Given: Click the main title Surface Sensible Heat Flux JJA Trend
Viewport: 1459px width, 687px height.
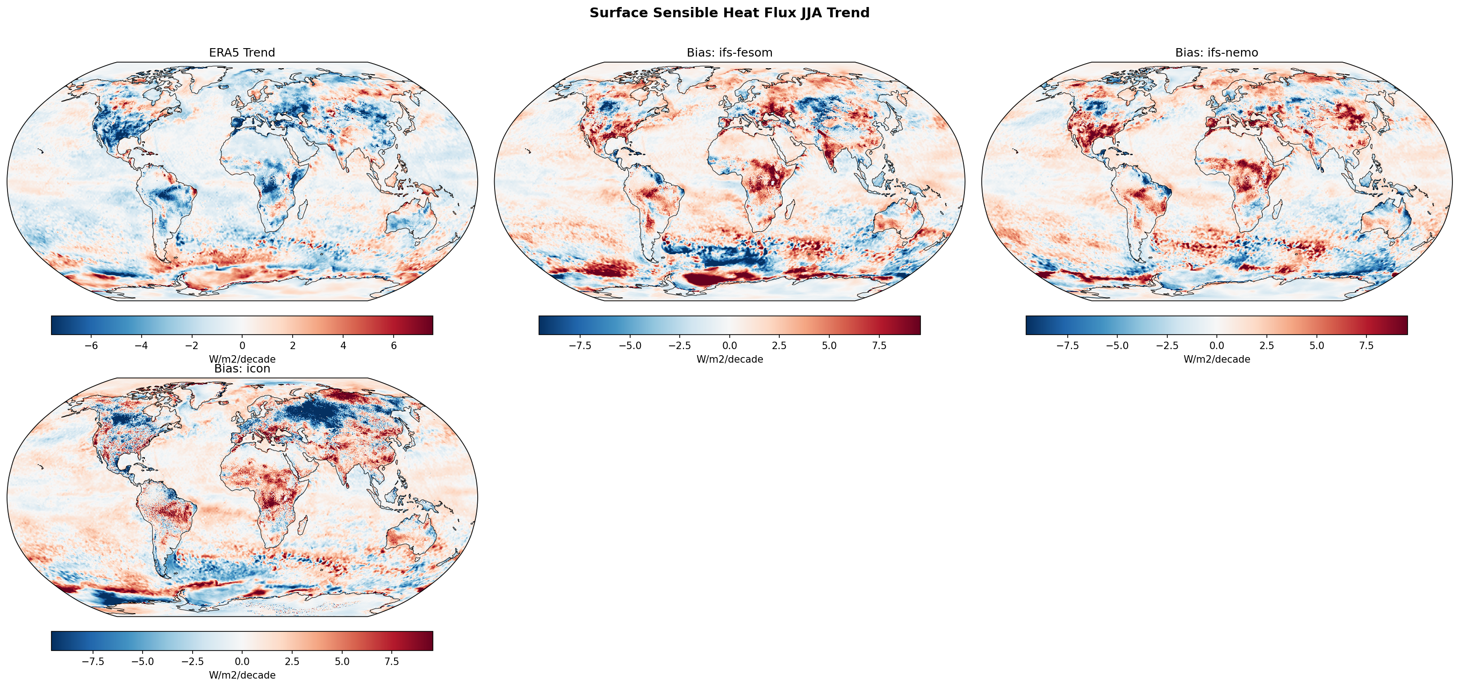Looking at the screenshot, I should pos(729,13).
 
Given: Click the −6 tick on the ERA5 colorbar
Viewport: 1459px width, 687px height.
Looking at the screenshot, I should pos(91,345).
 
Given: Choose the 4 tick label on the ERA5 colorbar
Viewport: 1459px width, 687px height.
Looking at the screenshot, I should pos(343,345).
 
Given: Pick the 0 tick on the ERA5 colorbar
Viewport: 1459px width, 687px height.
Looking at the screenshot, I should pos(243,345).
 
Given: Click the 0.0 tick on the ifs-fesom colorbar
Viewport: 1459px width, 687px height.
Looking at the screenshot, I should pos(729,345).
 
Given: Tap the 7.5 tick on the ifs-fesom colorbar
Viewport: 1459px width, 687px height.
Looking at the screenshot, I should pos(879,345).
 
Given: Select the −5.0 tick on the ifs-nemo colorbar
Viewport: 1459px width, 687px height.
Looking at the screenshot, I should pos(1117,345).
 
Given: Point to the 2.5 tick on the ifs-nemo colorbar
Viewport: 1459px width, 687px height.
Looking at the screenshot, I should pos(1266,345).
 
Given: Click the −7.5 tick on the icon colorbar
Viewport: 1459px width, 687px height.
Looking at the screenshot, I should pos(93,661).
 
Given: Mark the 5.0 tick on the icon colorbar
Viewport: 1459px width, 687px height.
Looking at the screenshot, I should pos(342,661).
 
